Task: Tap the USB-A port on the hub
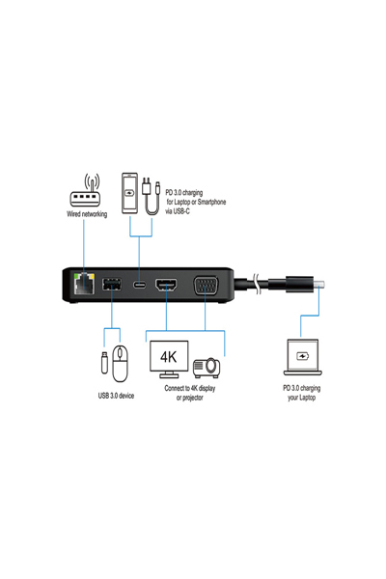pyautogui.click(x=109, y=286)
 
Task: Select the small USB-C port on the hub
pyautogui.click(x=140, y=287)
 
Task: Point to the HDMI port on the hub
pyautogui.click(x=166, y=287)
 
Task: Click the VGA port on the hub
pyautogui.click(x=207, y=286)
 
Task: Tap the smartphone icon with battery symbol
pyautogui.click(x=129, y=193)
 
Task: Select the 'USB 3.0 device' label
pyautogui.click(x=115, y=396)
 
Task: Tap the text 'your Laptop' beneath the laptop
pyautogui.click(x=302, y=397)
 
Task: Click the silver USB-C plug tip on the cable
pyautogui.click(x=325, y=285)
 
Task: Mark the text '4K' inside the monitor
pyautogui.click(x=169, y=355)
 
